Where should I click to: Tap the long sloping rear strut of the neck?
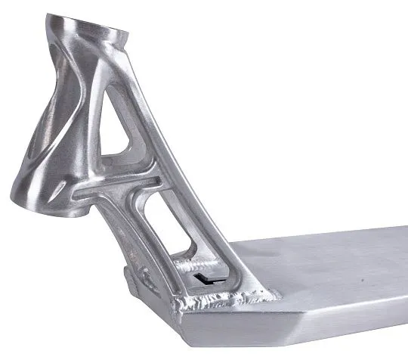196,197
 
